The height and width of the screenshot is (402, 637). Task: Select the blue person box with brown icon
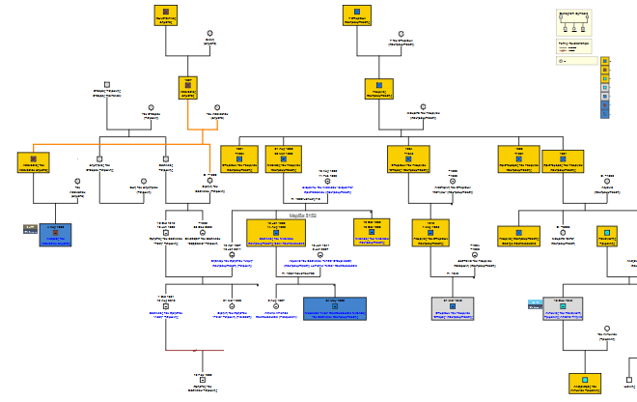55,235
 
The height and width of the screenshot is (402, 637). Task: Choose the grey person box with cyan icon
564,308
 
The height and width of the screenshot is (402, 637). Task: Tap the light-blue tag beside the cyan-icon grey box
534,305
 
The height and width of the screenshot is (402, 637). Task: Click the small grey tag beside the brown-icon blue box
31,228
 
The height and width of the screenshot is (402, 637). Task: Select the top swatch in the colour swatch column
605,61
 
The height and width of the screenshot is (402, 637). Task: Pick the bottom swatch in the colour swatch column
605,112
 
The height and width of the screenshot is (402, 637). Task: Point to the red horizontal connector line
194,350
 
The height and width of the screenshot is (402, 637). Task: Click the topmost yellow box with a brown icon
166,16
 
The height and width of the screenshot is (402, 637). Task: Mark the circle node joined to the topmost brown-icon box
208,43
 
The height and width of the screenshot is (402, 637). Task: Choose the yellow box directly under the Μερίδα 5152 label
276,232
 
